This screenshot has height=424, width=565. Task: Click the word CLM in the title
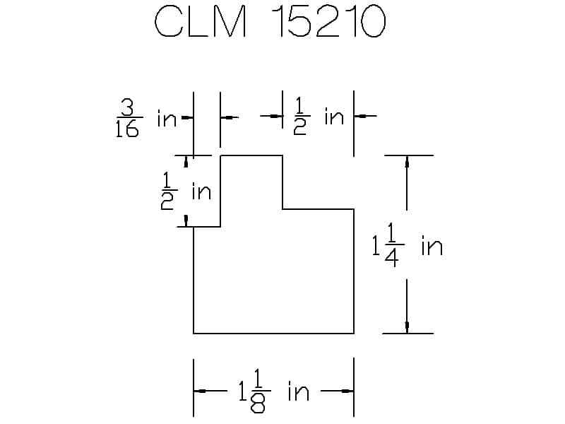pyautogui.click(x=201, y=21)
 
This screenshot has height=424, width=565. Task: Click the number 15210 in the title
pyautogui.click(x=328, y=22)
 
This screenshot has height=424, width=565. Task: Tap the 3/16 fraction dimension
pyautogui.click(x=129, y=118)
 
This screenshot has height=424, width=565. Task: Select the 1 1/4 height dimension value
pyautogui.click(x=388, y=245)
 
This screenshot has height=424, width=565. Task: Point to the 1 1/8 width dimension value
pyautogui.click(x=254, y=391)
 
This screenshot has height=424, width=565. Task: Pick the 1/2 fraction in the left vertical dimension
pyautogui.click(x=168, y=191)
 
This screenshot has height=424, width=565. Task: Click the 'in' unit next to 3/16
pyautogui.click(x=167, y=118)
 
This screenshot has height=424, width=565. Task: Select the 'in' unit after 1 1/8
pyautogui.click(x=298, y=392)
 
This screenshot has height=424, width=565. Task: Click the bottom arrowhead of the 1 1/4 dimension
pyautogui.click(x=408, y=327)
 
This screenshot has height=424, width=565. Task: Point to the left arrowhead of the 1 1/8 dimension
pyautogui.click(x=200, y=391)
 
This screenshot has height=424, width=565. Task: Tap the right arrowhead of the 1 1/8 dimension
pyautogui.click(x=347, y=391)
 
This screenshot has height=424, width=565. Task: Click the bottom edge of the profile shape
pyautogui.click(x=274, y=334)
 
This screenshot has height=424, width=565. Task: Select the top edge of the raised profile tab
pyautogui.click(x=251, y=155)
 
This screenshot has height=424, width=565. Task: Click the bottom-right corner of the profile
pyautogui.click(x=354, y=334)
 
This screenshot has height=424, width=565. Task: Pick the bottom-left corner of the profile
pyautogui.click(x=194, y=334)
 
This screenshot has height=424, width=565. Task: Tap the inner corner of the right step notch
pyautogui.click(x=282, y=208)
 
